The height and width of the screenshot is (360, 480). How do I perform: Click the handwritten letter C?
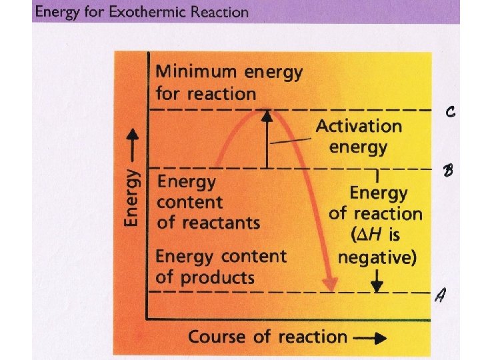[x=451, y=113]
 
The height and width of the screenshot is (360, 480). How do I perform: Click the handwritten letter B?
[x=449, y=171]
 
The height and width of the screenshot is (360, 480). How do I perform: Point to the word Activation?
[x=359, y=126]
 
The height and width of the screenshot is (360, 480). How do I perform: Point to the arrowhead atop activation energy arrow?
[x=267, y=116]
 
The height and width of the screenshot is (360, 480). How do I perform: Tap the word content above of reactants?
[x=189, y=202]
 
